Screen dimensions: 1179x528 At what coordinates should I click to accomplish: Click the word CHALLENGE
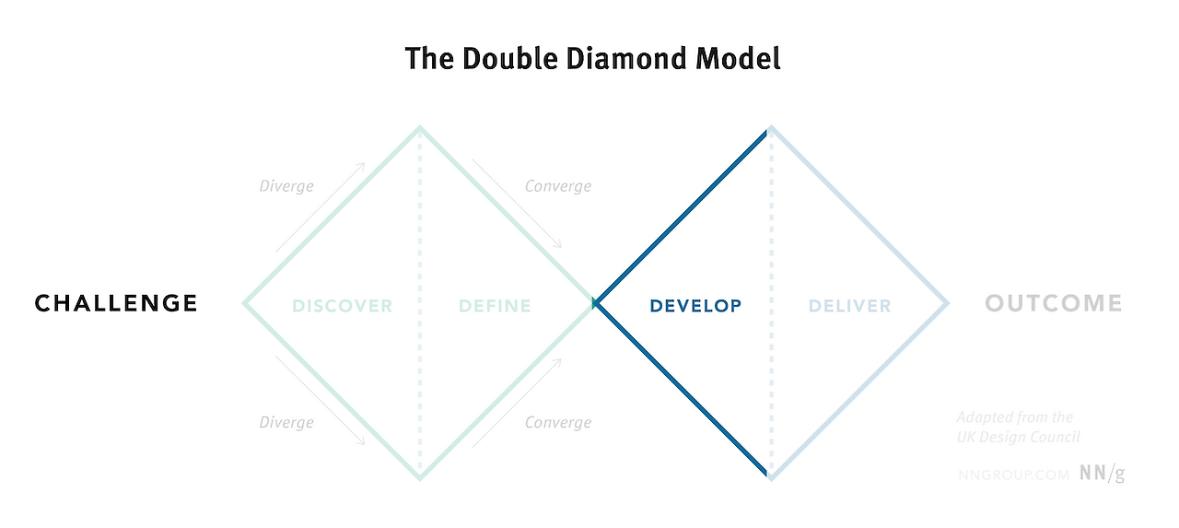coord(116,303)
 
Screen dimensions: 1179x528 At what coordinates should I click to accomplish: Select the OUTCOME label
coord(1054,303)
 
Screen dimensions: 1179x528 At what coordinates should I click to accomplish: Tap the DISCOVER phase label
coord(343,306)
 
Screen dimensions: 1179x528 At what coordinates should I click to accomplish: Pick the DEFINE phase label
coord(496,306)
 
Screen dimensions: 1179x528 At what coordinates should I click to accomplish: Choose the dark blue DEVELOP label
coord(695,306)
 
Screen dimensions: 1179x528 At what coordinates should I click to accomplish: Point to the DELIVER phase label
coord(849,306)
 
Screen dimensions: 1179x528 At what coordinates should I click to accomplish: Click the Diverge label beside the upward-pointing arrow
coord(286,186)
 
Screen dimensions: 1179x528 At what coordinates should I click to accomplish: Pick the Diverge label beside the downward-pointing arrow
coord(286,422)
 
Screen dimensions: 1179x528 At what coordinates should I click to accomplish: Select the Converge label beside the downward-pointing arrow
coord(558,186)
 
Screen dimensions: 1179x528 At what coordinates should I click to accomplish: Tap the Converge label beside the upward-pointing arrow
coord(558,422)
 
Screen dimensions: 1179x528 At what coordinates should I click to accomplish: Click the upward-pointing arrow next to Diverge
coord(320,209)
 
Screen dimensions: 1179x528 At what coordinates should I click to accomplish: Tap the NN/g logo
coord(1103,474)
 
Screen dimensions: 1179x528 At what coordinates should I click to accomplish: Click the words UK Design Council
coord(1018,437)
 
